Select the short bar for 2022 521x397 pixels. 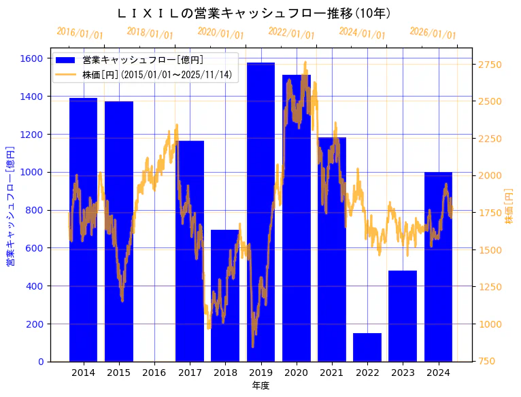[367, 347]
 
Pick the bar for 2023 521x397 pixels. [403, 316]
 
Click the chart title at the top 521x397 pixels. [254, 13]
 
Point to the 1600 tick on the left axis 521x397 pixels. [31, 58]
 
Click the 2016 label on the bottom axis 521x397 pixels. [154, 373]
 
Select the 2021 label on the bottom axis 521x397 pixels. [332, 373]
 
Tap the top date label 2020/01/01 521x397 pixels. [220, 33]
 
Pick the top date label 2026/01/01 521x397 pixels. [433, 33]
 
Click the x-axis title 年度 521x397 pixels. [260, 385]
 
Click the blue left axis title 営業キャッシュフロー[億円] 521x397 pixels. [10, 205]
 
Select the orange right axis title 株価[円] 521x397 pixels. [509, 207]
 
